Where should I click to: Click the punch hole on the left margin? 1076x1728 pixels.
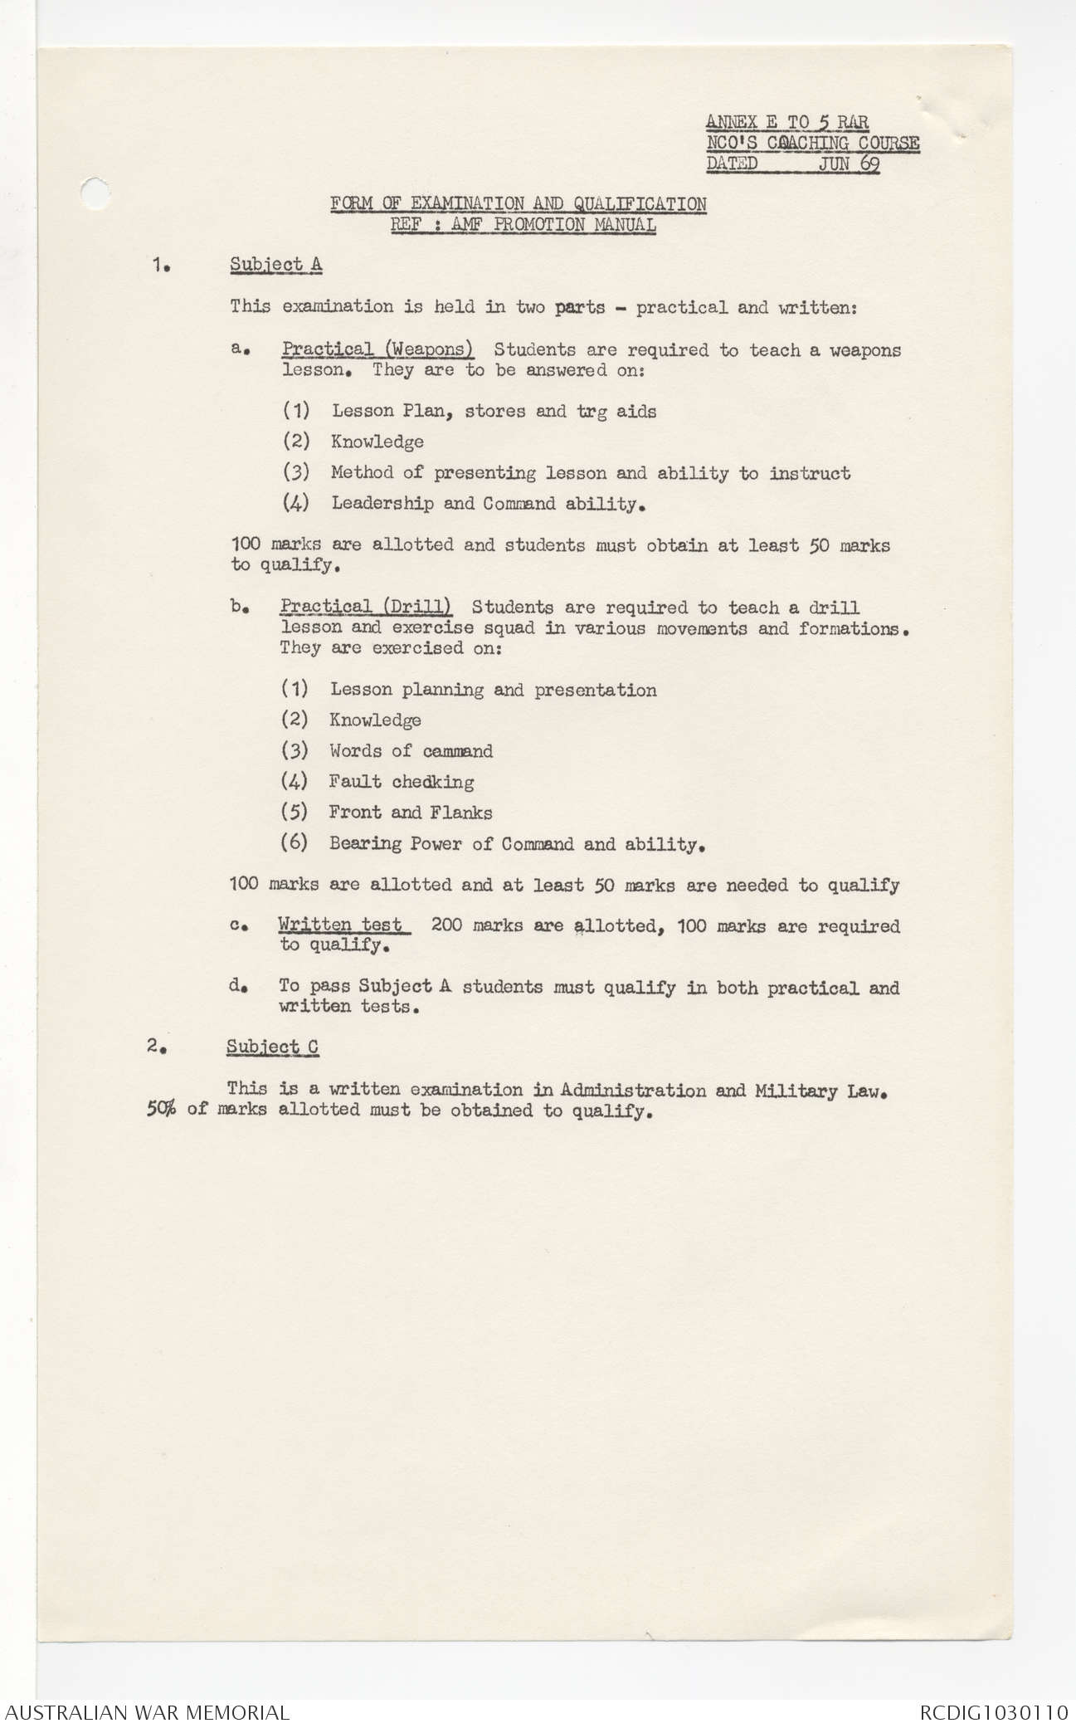click(x=96, y=193)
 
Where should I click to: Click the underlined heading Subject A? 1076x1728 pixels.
click(x=276, y=265)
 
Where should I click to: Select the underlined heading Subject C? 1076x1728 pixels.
click(x=272, y=1047)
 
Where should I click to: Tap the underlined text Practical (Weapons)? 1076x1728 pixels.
click(x=377, y=349)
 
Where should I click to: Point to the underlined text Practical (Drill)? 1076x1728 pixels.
click(x=366, y=608)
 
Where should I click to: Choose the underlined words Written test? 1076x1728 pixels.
click(x=341, y=925)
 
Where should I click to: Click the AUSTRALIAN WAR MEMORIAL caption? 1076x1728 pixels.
click(x=148, y=1711)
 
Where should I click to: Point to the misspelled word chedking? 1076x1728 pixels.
click(x=432, y=782)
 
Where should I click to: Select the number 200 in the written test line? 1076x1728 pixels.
click(x=447, y=925)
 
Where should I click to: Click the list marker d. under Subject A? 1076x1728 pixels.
click(x=237, y=986)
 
